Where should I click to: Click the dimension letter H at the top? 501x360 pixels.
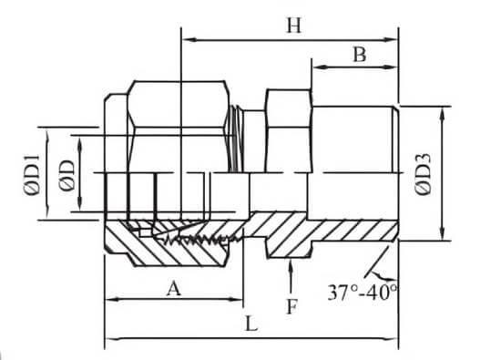tap(293, 26)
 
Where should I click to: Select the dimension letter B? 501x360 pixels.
tap(360, 55)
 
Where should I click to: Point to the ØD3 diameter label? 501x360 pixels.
tap(423, 175)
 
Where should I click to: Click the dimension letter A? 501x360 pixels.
tap(174, 288)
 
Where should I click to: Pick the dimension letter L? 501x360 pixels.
tap(251, 324)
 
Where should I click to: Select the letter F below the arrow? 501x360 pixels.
tap(291, 307)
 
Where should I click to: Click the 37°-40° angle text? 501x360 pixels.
tap(363, 293)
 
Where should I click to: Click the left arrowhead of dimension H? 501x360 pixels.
tap(189, 40)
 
